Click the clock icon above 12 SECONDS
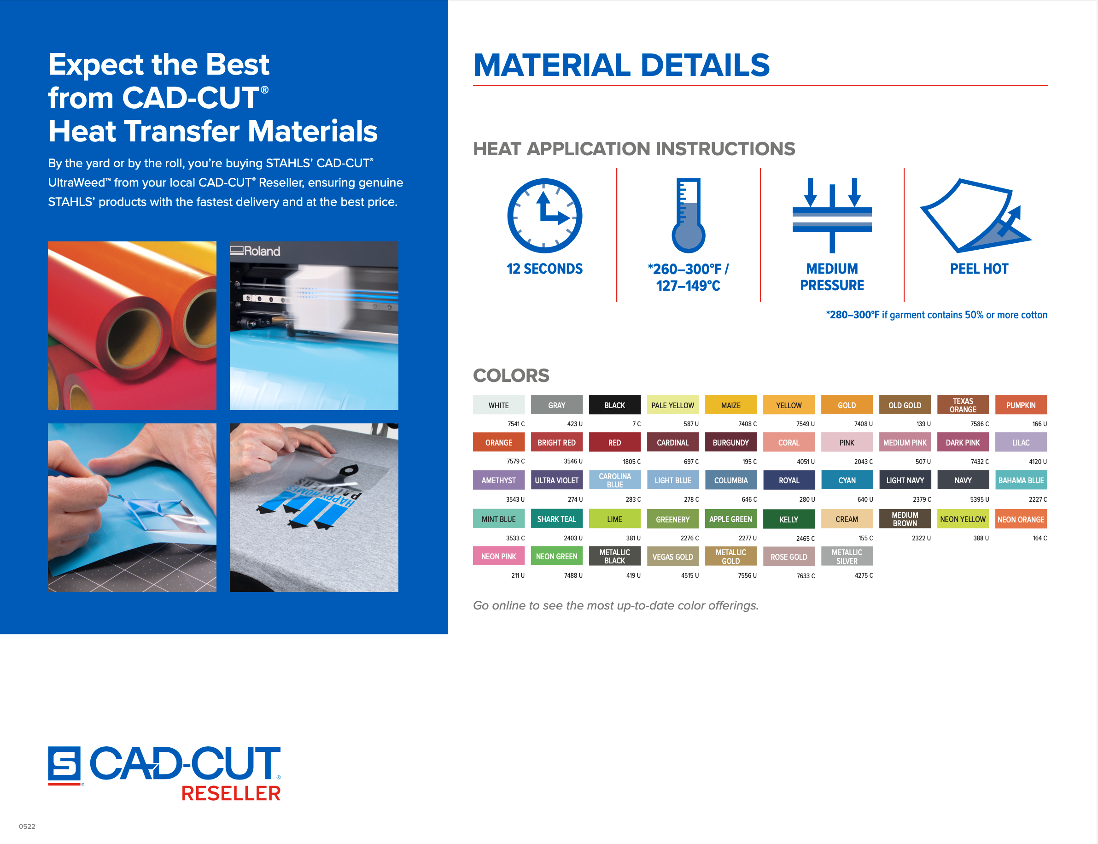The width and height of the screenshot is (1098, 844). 544,216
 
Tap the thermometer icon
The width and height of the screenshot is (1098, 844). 688,216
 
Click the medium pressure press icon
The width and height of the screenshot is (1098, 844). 832,216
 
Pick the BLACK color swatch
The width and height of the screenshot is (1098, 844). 615,405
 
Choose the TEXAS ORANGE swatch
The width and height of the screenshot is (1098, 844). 963,405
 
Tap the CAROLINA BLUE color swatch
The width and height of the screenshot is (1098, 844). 615,480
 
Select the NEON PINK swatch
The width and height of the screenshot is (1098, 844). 499,556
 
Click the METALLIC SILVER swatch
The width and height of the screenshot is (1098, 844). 847,556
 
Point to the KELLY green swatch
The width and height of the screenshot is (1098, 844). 789,519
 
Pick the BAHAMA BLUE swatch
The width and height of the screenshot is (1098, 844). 1021,480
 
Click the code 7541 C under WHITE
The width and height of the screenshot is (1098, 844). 516,424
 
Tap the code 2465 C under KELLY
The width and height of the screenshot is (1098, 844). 806,539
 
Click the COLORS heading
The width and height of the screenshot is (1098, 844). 511,375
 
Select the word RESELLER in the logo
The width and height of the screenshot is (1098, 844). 231,793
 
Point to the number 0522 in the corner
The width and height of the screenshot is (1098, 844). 27,826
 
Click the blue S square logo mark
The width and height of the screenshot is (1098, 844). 64,765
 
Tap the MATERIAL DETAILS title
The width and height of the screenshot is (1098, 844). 621,65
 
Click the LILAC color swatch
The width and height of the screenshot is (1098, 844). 1021,442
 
